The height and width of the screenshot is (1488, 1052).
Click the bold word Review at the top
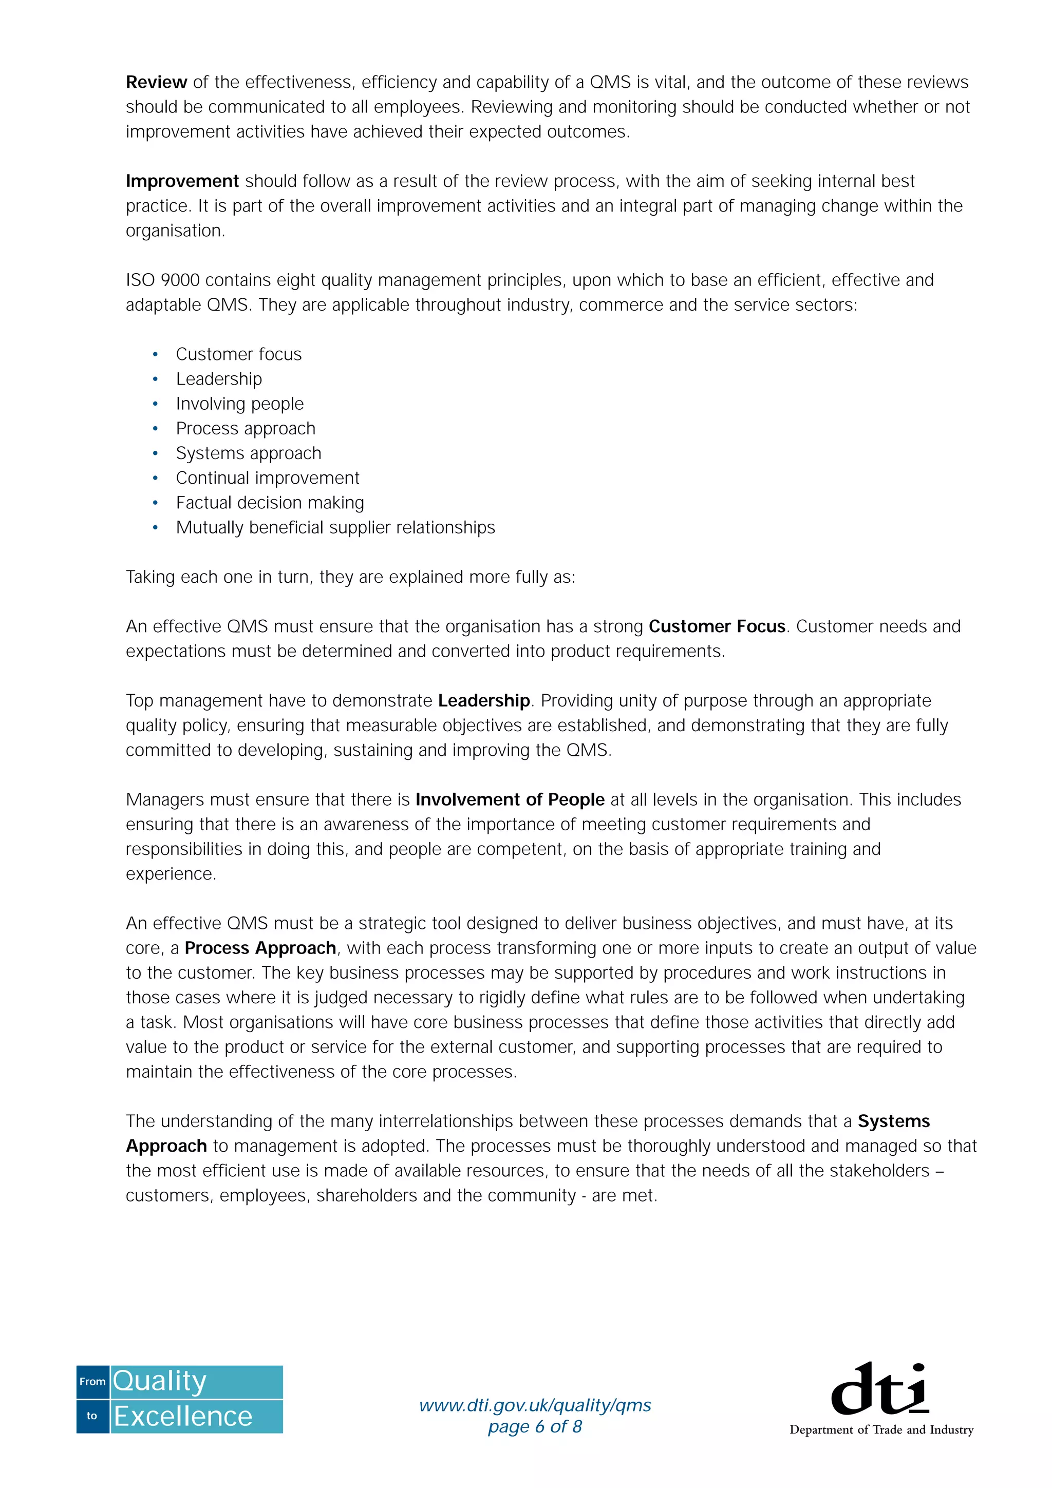point(156,82)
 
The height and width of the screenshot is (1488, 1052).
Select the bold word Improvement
point(182,181)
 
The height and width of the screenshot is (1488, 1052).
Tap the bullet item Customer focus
point(238,354)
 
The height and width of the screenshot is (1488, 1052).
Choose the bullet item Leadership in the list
point(219,378)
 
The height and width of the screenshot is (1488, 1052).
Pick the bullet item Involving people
point(239,404)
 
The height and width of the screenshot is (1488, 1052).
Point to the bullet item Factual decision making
point(270,502)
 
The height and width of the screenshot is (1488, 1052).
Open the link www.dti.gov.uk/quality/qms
point(535,1404)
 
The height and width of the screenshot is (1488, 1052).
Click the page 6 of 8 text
point(535,1426)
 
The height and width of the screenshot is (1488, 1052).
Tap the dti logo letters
point(879,1389)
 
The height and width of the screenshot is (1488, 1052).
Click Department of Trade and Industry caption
point(881,1429)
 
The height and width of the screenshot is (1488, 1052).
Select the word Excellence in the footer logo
point(183,1416)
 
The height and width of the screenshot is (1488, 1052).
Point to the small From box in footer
point(92,1381)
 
